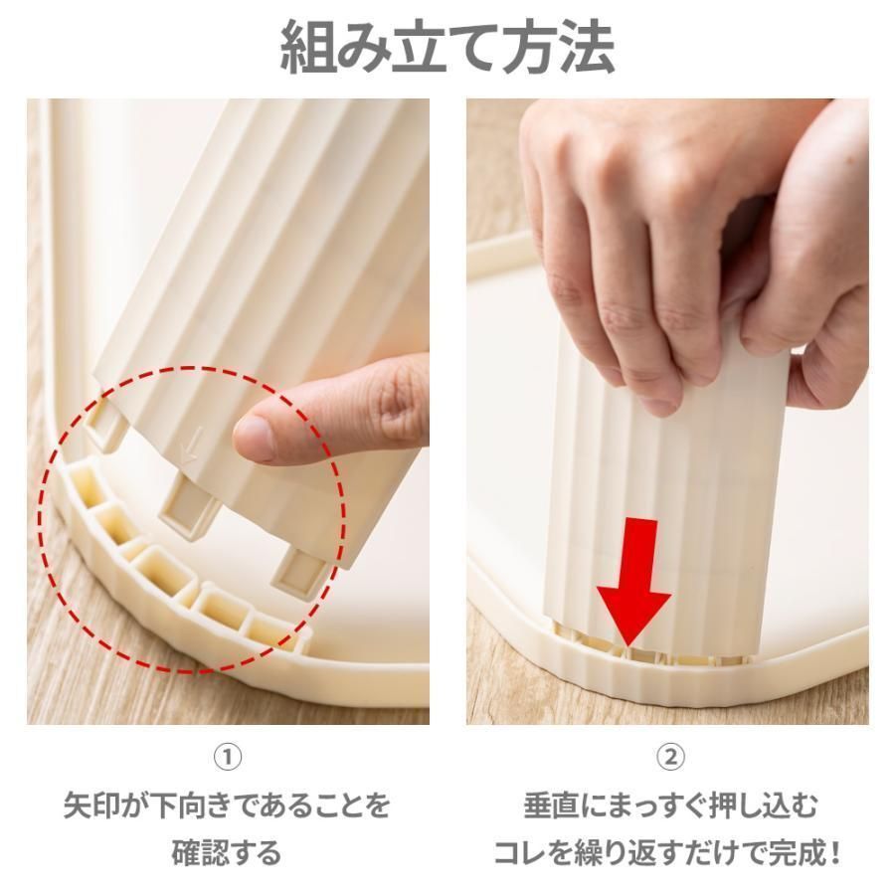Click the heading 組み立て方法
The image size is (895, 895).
tap(447, 48)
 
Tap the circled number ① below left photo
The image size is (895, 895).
tap(229, 758)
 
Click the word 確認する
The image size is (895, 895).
tap(228, 852)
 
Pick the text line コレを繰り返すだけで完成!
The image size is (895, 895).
tap(668, 852)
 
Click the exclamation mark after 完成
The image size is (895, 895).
tap(834, 852)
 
